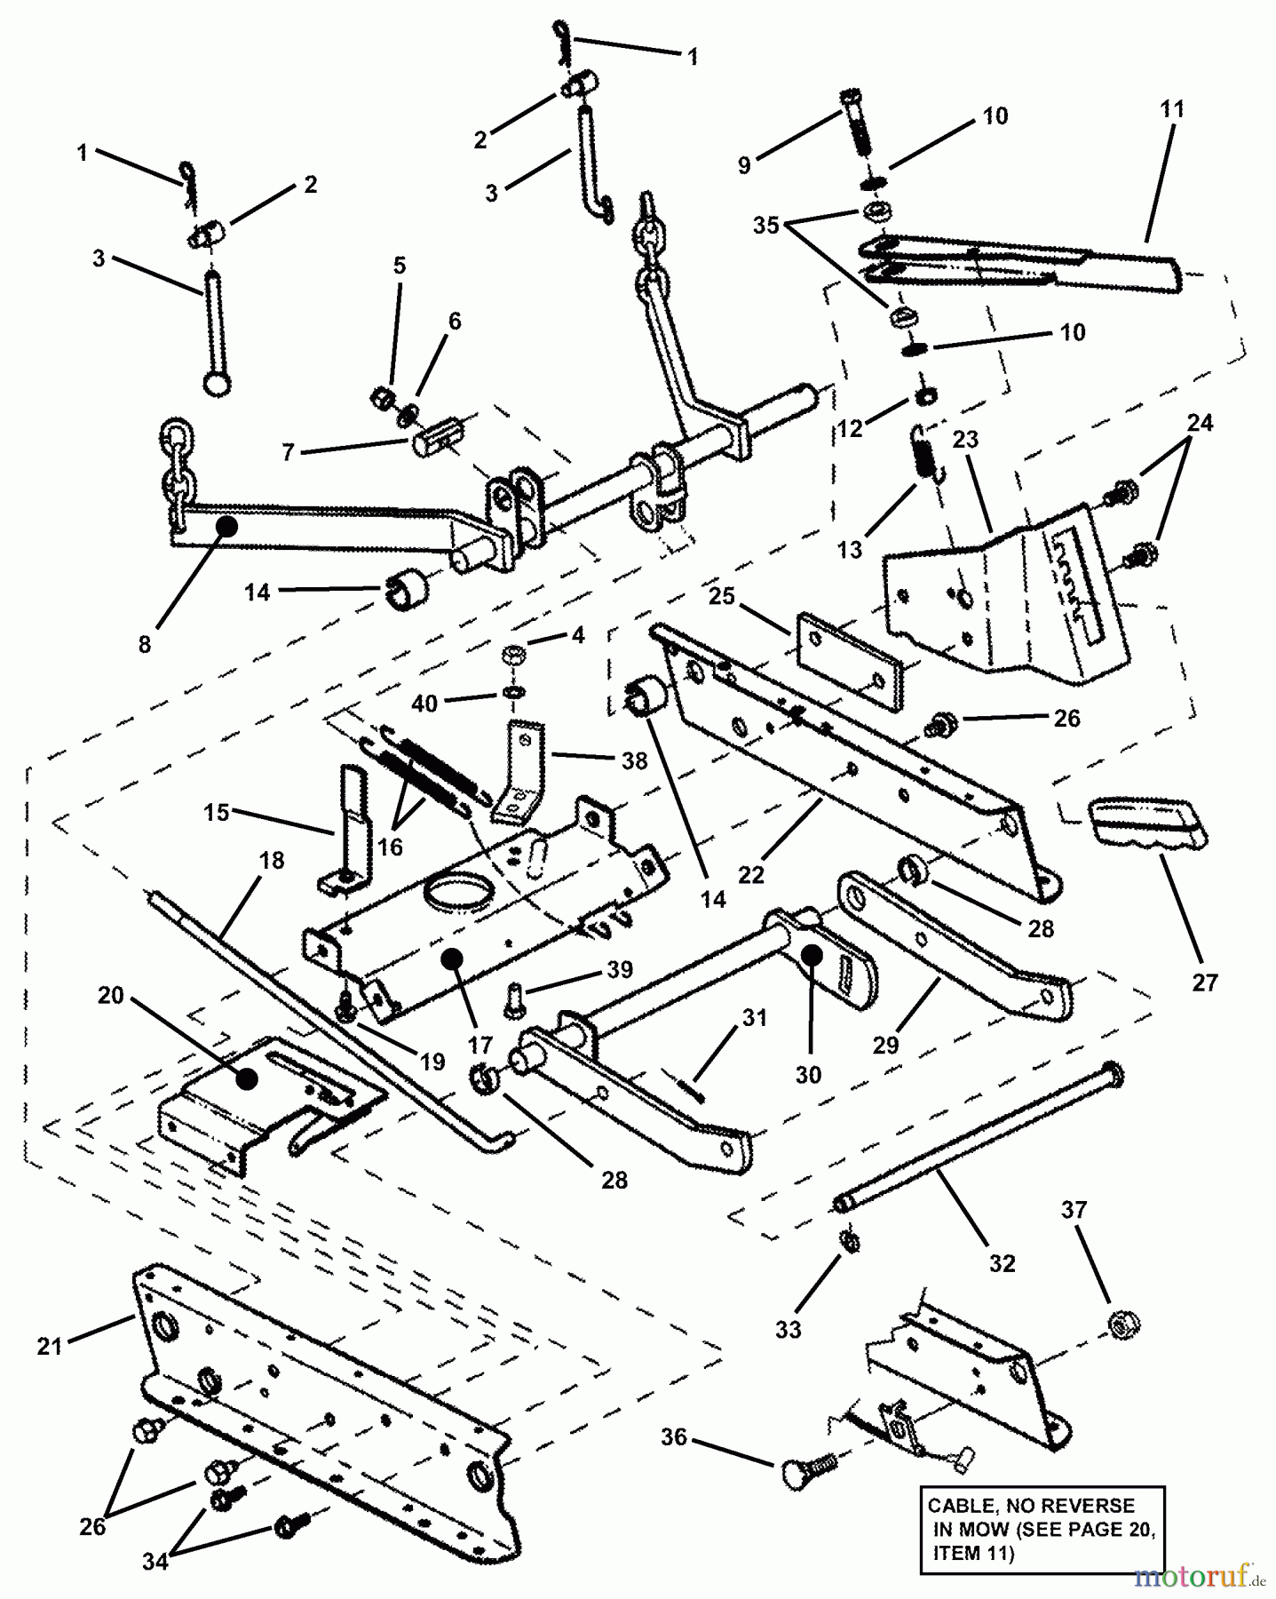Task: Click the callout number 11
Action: pyautogui.click(x=1172, y=109)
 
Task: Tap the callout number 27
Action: pyautogui.click(x=1206, y=982)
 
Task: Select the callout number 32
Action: pyautogui.click(x=1002, y=1262)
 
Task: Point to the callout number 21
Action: pyautogui.click(x=50, y=1346)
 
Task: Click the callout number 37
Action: pyautogui.click(x=1074, y=1209)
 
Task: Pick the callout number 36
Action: pyautogui.click(x=674, y=1436)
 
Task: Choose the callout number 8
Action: pyautogui.click(x=145, y=644)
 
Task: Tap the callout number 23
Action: pyautogui.click(x=965, y=439)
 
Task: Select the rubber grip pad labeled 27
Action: pyautogui.click(x=1145, y=822)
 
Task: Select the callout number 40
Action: pyautogui.click(x=425, y=703)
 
